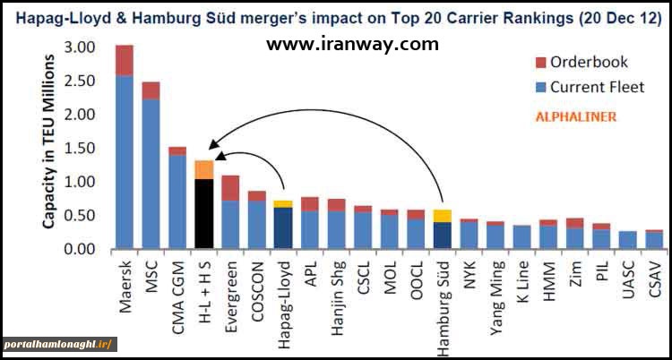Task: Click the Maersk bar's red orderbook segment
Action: tap(125, 60)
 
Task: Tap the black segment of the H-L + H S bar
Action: tap(204, 214)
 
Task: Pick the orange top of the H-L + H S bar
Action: tap(204, 169)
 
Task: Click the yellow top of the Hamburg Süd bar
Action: tap(442, 216)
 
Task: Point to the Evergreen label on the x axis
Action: tap(232, 286)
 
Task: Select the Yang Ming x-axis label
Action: tap(495, 287)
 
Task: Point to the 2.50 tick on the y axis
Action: tap(81, 81)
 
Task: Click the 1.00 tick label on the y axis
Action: tap(81, 182)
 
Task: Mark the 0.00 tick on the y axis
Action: tap(81, 249)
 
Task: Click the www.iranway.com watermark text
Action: tap(353, 44)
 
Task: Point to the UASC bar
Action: tap(627, 240)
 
